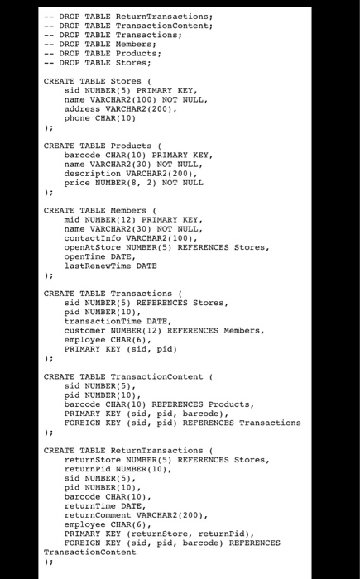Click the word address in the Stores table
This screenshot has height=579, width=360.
click(83, 108)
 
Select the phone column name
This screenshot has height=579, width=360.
click(78, 118)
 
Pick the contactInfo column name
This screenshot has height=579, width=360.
click(93, 237)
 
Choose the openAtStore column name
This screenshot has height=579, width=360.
click(93, 246)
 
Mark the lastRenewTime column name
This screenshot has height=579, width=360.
click(98, 266)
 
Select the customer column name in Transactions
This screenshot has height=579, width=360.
click(85, 330)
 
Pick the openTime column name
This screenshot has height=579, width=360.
click(85, 256)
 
